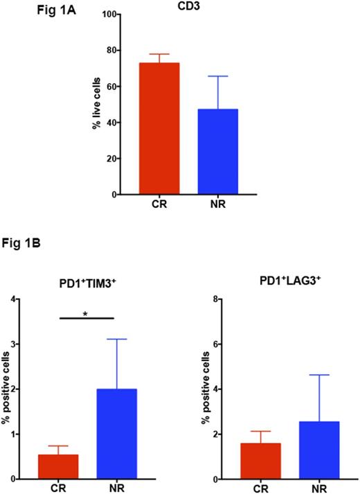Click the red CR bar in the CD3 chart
click(159, 129)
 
